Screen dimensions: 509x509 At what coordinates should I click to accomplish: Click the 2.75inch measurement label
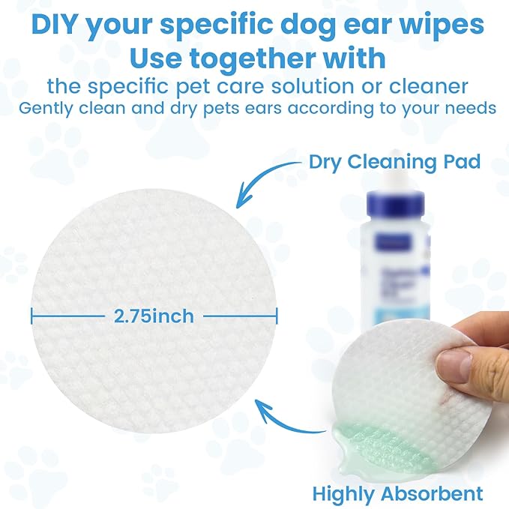(x=154, y=316)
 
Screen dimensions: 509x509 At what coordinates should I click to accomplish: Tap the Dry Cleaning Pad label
(x=394, y=161)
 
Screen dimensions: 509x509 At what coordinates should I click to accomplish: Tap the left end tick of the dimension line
(x=32, y=316)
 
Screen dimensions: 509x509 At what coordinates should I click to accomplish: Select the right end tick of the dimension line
(x=277, y=316)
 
